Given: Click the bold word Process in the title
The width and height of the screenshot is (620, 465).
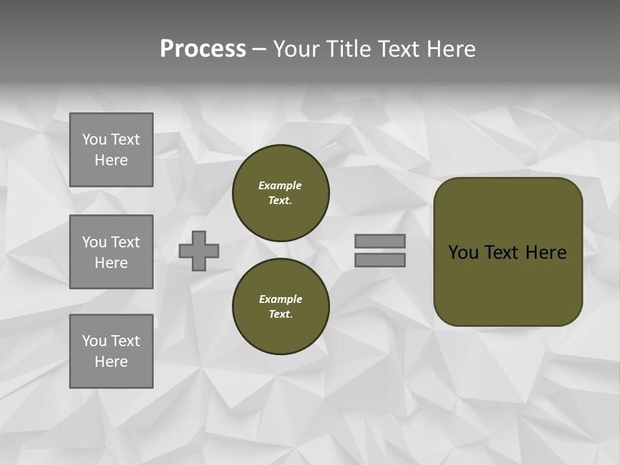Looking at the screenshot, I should (x=203, y=49).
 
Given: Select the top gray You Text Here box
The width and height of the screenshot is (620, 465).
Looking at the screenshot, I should (x=111, y=150).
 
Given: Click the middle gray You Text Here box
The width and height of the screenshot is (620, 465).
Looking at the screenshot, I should (x=111, y=252).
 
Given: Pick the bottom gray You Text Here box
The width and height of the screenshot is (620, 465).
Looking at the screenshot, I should (x=111, y=351).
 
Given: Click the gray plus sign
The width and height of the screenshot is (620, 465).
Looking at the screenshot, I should (x=199, y=251).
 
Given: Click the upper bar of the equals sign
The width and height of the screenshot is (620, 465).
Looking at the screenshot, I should (x=380, y=241).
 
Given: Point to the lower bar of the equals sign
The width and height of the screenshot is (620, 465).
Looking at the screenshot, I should (x=380, y=260).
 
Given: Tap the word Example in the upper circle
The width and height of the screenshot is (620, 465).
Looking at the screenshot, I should (x=280, y=185).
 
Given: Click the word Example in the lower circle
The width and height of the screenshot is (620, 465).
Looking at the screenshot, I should (x=280, y=299).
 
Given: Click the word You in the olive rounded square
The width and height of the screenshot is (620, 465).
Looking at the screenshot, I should (x=463, y=253).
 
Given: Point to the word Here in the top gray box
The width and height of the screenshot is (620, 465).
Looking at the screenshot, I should (x=111, y=160).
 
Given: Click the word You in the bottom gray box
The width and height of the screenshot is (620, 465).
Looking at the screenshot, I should (x=94, y=341).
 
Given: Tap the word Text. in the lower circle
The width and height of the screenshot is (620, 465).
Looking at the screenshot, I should (x=280, y=314).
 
